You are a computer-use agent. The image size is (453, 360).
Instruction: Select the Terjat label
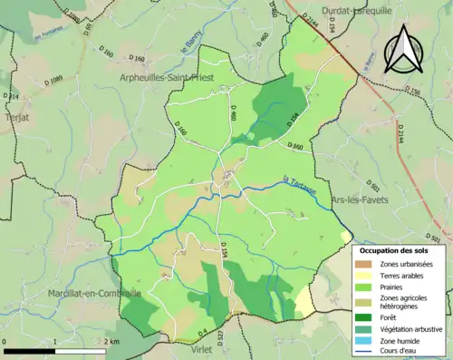tap(16, 118)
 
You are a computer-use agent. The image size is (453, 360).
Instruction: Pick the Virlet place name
tap(201, 347)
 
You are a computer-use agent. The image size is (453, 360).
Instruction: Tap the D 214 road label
tap(10, 95)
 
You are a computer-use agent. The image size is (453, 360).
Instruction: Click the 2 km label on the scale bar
tap(111, 341)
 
